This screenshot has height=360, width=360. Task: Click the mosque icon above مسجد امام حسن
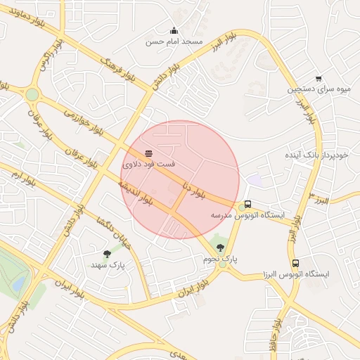pyautogui.click(x=174, y=30)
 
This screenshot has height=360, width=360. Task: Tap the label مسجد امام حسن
pyautogui.click(x=174, y=41)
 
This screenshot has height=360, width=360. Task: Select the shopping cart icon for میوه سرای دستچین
pyautogui.click(x=319, y=79)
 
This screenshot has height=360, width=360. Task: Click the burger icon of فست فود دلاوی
pyautogui.click(x=148, y=153)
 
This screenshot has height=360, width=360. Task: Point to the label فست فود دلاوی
pyautogui.click(x=149, y=164)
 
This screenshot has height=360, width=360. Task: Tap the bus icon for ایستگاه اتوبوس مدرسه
pyautogui.click(x=247, y=205)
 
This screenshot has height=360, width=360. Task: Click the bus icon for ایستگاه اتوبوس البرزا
pyautogui.click(x=295, y=263)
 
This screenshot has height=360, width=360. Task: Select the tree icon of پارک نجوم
pyautogui.click(x=221, y=247)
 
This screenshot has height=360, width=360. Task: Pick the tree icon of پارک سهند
pyautogui.click(x=107, y=254)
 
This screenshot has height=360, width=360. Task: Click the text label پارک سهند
pyautogui.click(x=108, y=266)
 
